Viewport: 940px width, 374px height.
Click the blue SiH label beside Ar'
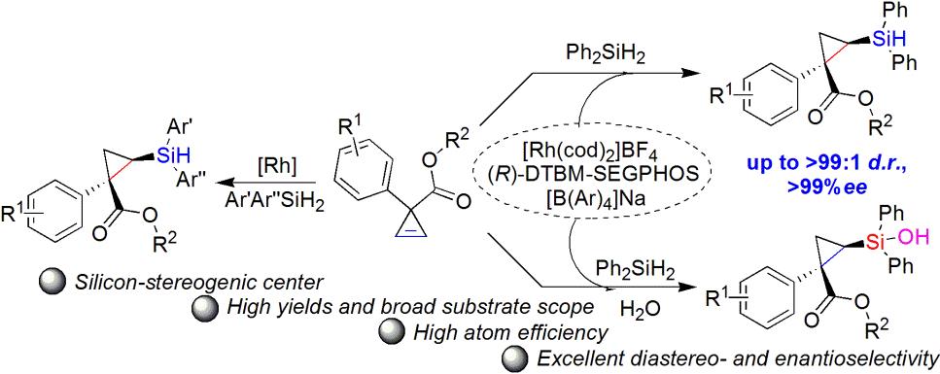(171, 157)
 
